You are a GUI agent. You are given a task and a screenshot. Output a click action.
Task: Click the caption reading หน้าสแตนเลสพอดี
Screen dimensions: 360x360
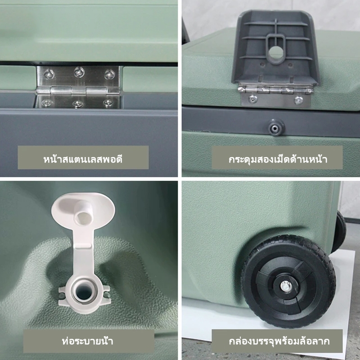pyautogui.click(x=83, y=159)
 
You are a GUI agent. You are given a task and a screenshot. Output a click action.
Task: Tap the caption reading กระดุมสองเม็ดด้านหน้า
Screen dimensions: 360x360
pyautogui.click(x=278, y=159)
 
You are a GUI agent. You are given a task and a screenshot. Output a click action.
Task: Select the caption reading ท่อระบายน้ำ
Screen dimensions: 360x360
pyautogui.click(x=87, y=341)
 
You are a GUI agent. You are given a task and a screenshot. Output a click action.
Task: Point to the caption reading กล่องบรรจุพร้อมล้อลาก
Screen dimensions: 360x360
pyautogui.click(x=279, y=341)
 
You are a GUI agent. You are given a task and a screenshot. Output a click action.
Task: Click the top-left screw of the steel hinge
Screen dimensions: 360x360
pyautogui.click(x=49, y=74)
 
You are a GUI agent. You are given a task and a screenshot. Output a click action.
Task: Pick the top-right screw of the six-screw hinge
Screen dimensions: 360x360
pyautogui.click(x=109, y=74)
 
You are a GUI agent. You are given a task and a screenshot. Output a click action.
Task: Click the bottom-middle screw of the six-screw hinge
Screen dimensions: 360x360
pyautogui.click(x=78, y=104)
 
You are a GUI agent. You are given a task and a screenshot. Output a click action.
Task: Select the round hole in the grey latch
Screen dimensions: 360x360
pyautogui.click(x=275, y=52)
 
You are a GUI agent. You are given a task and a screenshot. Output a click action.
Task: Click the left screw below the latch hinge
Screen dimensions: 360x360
pyautogui.click(x=253, y=99)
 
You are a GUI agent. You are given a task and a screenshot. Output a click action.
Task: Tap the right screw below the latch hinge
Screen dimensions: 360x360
pyautogui.click(x=298, y=100)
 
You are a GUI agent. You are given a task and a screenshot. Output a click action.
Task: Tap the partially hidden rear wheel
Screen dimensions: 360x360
pyautogui.click(x=340, y=232)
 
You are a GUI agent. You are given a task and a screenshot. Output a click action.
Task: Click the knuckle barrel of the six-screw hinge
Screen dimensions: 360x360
pyautogui.click(x=78, y=90)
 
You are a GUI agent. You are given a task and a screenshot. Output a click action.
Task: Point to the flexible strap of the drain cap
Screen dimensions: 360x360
pyautogui.click(x=83, y=252)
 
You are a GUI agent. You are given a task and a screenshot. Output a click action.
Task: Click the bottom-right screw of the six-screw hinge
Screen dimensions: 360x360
pyautogui.click(x=108, y=103)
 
